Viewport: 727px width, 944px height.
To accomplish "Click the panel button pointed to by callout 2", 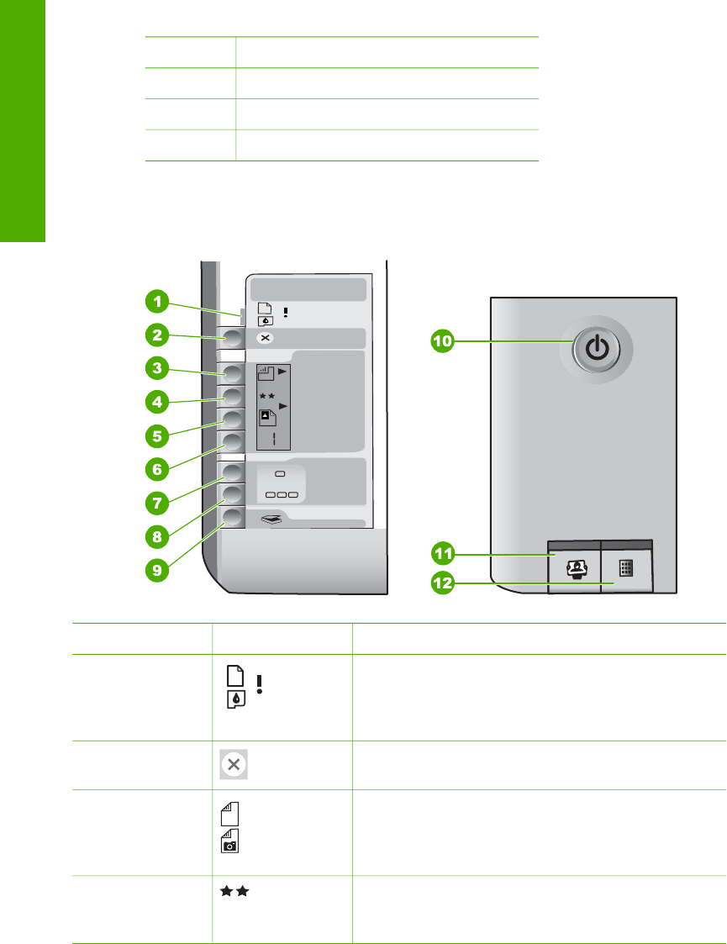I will (x=231, y=338).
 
